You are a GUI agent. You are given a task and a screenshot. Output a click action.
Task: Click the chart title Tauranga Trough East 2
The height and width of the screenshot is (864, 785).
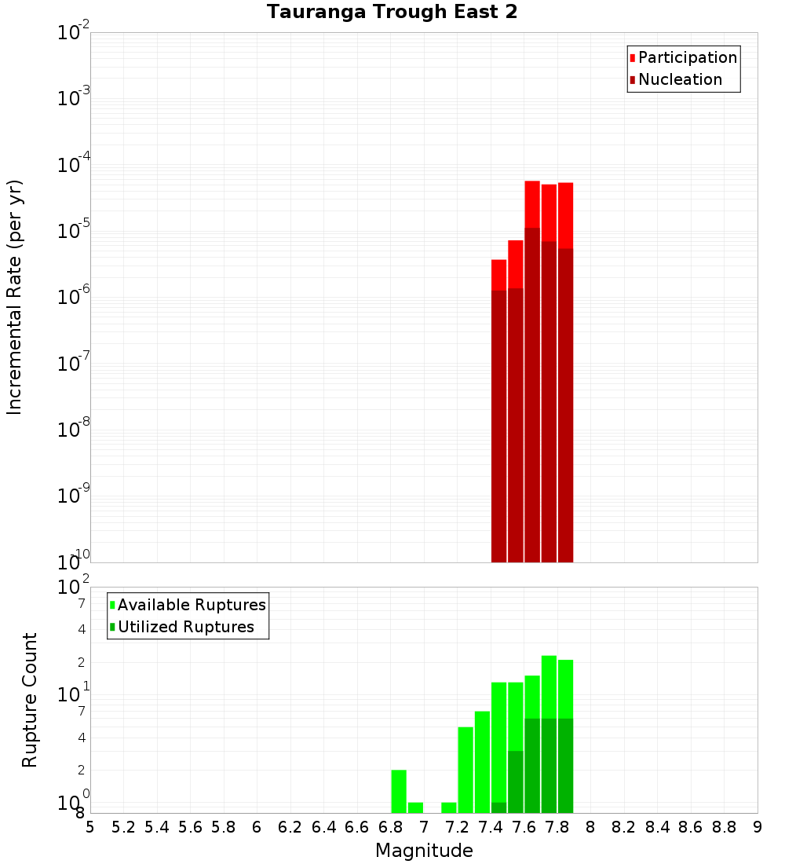[x=392, y=13]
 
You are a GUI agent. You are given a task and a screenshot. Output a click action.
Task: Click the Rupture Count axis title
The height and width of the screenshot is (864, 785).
[x=30, y=700]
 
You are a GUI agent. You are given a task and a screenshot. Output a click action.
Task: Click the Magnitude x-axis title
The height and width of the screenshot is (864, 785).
[x=424, y=851]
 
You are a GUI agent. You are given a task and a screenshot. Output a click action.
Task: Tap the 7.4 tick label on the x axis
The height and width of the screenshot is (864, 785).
[x=491, y=827]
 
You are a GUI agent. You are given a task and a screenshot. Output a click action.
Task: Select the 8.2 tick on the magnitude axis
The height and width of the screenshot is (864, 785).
[x=624, y=827]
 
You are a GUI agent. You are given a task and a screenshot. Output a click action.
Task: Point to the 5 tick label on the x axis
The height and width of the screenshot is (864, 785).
[x=90, y=827]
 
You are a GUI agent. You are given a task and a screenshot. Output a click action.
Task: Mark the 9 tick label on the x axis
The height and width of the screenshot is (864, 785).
[x=758, y=827]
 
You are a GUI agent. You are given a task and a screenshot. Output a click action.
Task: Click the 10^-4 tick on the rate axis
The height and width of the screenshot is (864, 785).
[x=73, y=165]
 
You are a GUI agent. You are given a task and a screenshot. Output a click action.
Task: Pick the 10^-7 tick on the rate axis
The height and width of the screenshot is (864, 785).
[x=73, y=364]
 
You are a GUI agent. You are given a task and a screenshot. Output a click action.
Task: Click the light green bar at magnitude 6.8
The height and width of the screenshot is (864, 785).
[x=399, y=792]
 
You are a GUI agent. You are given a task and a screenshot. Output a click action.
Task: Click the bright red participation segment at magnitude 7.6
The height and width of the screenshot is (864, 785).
[x=532, y=204]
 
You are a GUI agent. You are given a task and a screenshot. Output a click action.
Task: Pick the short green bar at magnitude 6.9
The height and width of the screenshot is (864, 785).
[x=415, y=807]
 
